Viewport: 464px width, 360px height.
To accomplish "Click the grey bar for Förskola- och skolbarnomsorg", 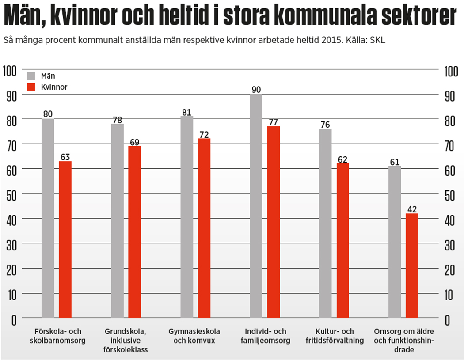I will pyautogui.click(x=48, y=218).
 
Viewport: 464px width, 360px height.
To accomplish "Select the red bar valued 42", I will pyautogui.click(x=412, y=265).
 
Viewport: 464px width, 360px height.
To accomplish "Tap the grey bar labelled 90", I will pyautogui.click(x=256, y=206).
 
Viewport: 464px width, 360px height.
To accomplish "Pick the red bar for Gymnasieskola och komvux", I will pyautogui.click(x=204, y=228).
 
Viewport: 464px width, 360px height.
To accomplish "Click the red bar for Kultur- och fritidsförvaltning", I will pyautogui.click(x=342, y=240).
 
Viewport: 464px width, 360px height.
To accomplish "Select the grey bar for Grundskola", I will pyautogui.click(x=117, y=220).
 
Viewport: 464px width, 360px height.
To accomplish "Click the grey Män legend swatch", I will pyautogui.click(x=31, y=76).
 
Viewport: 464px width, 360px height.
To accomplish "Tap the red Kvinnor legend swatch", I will pyautogui.click(x=31, y=87).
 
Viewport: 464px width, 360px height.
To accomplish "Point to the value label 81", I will pyautogui.click(x=187, y=112).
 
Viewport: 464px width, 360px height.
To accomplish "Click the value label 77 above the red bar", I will pyautogui.click(x=274, y=122).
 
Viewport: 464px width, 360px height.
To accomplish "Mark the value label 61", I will pyautogui.click(x=395, y=162).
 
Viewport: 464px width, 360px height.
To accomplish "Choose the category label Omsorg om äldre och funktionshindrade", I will pyautogui.click(x=404, y=340).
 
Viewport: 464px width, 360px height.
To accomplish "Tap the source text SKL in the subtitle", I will pyautogui.click(x=378, y=40).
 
